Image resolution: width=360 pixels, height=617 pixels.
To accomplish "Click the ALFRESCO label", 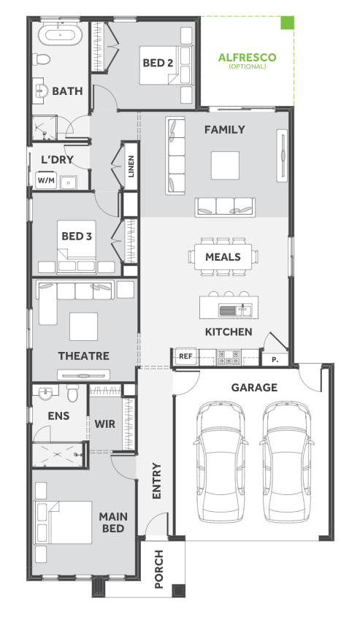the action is (247, 58).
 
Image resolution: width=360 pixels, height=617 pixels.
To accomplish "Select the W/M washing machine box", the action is (46, 180).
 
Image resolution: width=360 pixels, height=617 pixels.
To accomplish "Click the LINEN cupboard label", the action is (131, 166).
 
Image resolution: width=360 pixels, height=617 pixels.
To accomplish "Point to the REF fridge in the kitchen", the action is (185, 356).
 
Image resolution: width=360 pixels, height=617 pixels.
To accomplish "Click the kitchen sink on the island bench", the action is (236, 311).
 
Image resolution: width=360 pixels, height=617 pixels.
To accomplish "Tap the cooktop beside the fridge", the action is (229, 357).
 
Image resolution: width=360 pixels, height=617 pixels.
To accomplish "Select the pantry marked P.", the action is (275, 359).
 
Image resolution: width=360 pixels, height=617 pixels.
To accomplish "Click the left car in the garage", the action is (221, 462).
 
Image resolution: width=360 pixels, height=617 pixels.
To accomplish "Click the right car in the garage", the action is (287, 462).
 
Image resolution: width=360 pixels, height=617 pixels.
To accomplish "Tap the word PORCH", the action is (159, 569).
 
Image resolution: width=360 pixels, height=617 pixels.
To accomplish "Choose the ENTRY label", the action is (156, 481).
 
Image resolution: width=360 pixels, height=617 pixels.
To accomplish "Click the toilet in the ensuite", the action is (73, 392).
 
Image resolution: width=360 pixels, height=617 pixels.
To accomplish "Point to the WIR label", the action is (105, 424).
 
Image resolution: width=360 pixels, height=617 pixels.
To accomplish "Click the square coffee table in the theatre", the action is (84, 326).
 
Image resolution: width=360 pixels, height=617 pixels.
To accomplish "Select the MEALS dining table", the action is (223, 256).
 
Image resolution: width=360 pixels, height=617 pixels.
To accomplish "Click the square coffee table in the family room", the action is (225, 165).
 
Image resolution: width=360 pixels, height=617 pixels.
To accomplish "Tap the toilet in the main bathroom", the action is (42, 59).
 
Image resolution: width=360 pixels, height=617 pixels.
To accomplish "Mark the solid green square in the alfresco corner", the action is (287, 23).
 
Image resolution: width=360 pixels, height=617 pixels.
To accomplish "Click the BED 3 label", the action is (77, 236).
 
